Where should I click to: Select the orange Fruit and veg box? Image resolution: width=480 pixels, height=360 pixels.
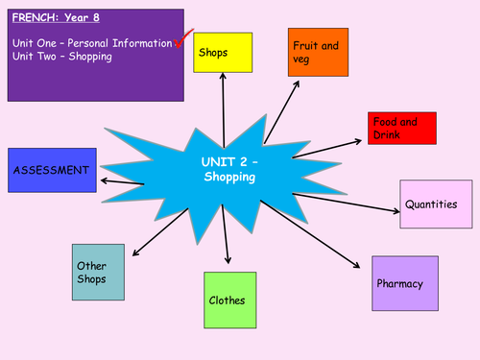(317, 52)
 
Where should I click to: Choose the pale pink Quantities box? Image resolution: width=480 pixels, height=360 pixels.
(429, 204)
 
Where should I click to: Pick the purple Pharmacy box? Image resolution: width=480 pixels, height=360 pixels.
(404, 283)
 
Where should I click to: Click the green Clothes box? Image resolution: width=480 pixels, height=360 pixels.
(230, 300)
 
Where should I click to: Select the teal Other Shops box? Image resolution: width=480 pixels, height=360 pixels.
(103, 272)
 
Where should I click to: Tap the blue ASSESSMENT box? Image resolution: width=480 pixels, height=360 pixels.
(52, 171)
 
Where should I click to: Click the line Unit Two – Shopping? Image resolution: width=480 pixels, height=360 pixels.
(62, 57)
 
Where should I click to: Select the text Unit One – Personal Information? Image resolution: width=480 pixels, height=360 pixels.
(92, 43)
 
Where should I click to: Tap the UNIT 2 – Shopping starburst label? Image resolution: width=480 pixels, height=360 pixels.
(229, 170)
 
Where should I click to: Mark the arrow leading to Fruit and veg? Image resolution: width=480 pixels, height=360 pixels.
(280, 109)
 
